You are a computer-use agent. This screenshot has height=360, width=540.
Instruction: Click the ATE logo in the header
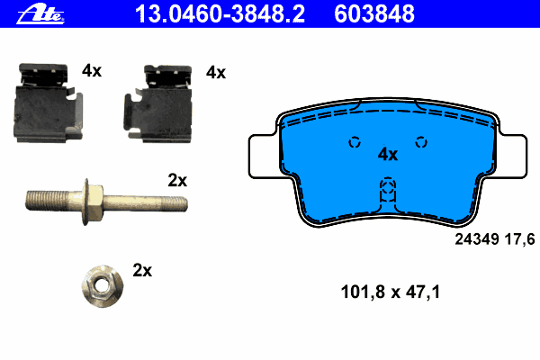(x=40, y=14)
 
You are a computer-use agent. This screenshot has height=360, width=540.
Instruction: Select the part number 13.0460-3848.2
(x=220, y=13)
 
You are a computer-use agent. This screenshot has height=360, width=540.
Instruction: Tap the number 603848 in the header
(x=374, y=13)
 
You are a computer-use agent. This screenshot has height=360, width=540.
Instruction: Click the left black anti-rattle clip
(x=48, y=103)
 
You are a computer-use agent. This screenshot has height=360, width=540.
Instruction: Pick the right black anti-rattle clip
(x=158, y=103)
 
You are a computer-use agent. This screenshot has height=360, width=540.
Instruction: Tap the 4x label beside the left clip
(x=92, y=71)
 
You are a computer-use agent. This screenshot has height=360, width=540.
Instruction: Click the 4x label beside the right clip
(x=216, y=73)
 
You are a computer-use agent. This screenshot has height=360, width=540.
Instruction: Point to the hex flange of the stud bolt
(x=93, y=202)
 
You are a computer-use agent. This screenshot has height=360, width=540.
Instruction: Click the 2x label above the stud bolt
(x=177, y=180)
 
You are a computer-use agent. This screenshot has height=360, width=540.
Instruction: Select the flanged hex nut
(x=103, y=285)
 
